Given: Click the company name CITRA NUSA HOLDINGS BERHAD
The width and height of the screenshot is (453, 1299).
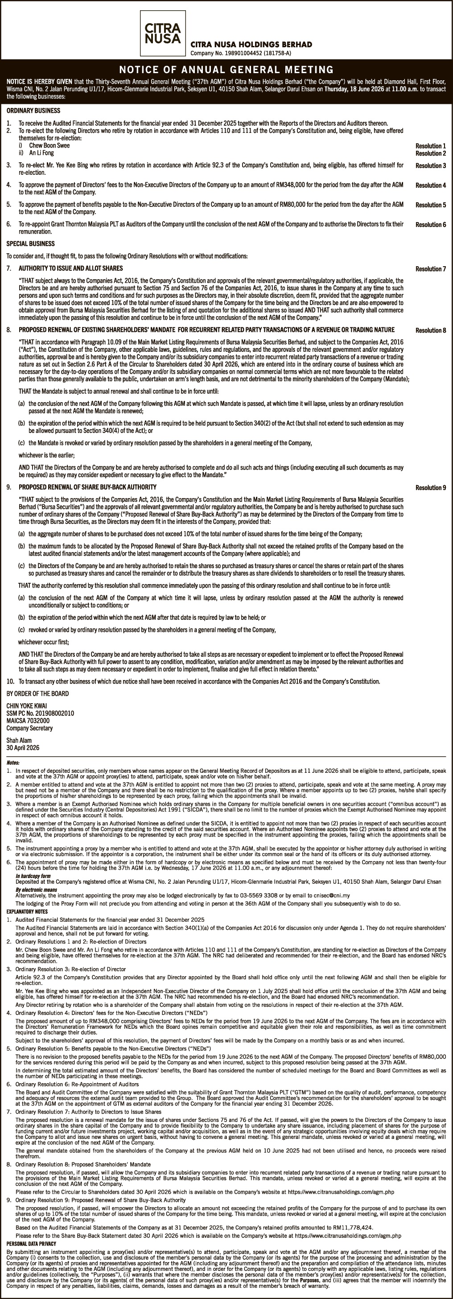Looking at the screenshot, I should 251,45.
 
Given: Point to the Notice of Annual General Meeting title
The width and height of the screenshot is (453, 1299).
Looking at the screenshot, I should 226,70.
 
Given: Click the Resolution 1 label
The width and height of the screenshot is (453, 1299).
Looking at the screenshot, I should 430,146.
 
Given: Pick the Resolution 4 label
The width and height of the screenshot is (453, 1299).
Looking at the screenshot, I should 430,186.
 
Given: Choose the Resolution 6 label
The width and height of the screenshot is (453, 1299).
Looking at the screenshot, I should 430,225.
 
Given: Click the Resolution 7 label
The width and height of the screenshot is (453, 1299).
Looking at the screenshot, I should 430,269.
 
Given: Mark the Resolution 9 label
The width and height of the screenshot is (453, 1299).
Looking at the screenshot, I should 430,488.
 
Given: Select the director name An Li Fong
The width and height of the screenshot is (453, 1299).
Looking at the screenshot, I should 41,153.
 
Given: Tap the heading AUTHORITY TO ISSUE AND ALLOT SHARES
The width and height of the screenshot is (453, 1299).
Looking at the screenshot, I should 70,268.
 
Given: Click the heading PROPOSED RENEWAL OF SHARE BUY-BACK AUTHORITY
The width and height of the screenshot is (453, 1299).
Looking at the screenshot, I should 87,487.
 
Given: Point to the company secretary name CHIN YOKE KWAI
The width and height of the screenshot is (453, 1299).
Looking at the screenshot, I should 27,706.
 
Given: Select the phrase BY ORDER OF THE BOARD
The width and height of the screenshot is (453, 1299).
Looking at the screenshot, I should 38,694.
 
